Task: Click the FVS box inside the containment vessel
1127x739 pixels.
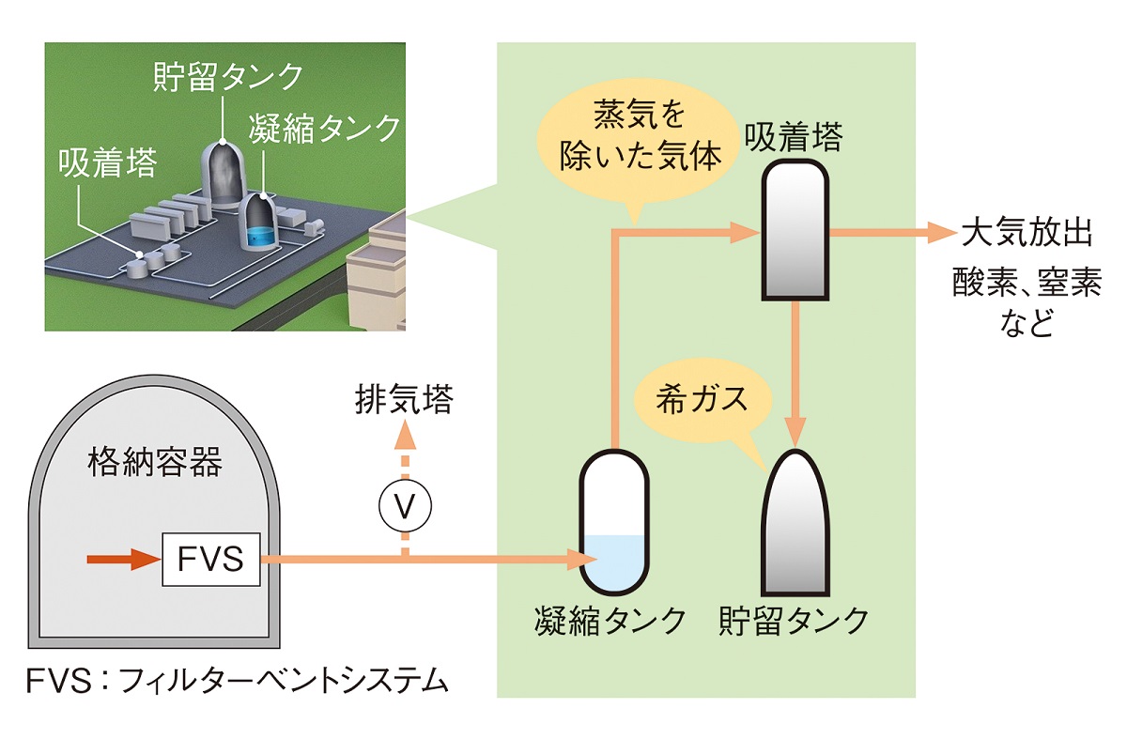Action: point(210,560)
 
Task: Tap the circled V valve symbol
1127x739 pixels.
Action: point(405,506)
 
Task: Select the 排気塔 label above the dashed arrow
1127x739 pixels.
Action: point(404,401)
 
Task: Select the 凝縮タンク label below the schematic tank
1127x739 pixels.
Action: point(610,621)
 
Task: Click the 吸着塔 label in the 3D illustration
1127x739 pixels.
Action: point(104,164)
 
